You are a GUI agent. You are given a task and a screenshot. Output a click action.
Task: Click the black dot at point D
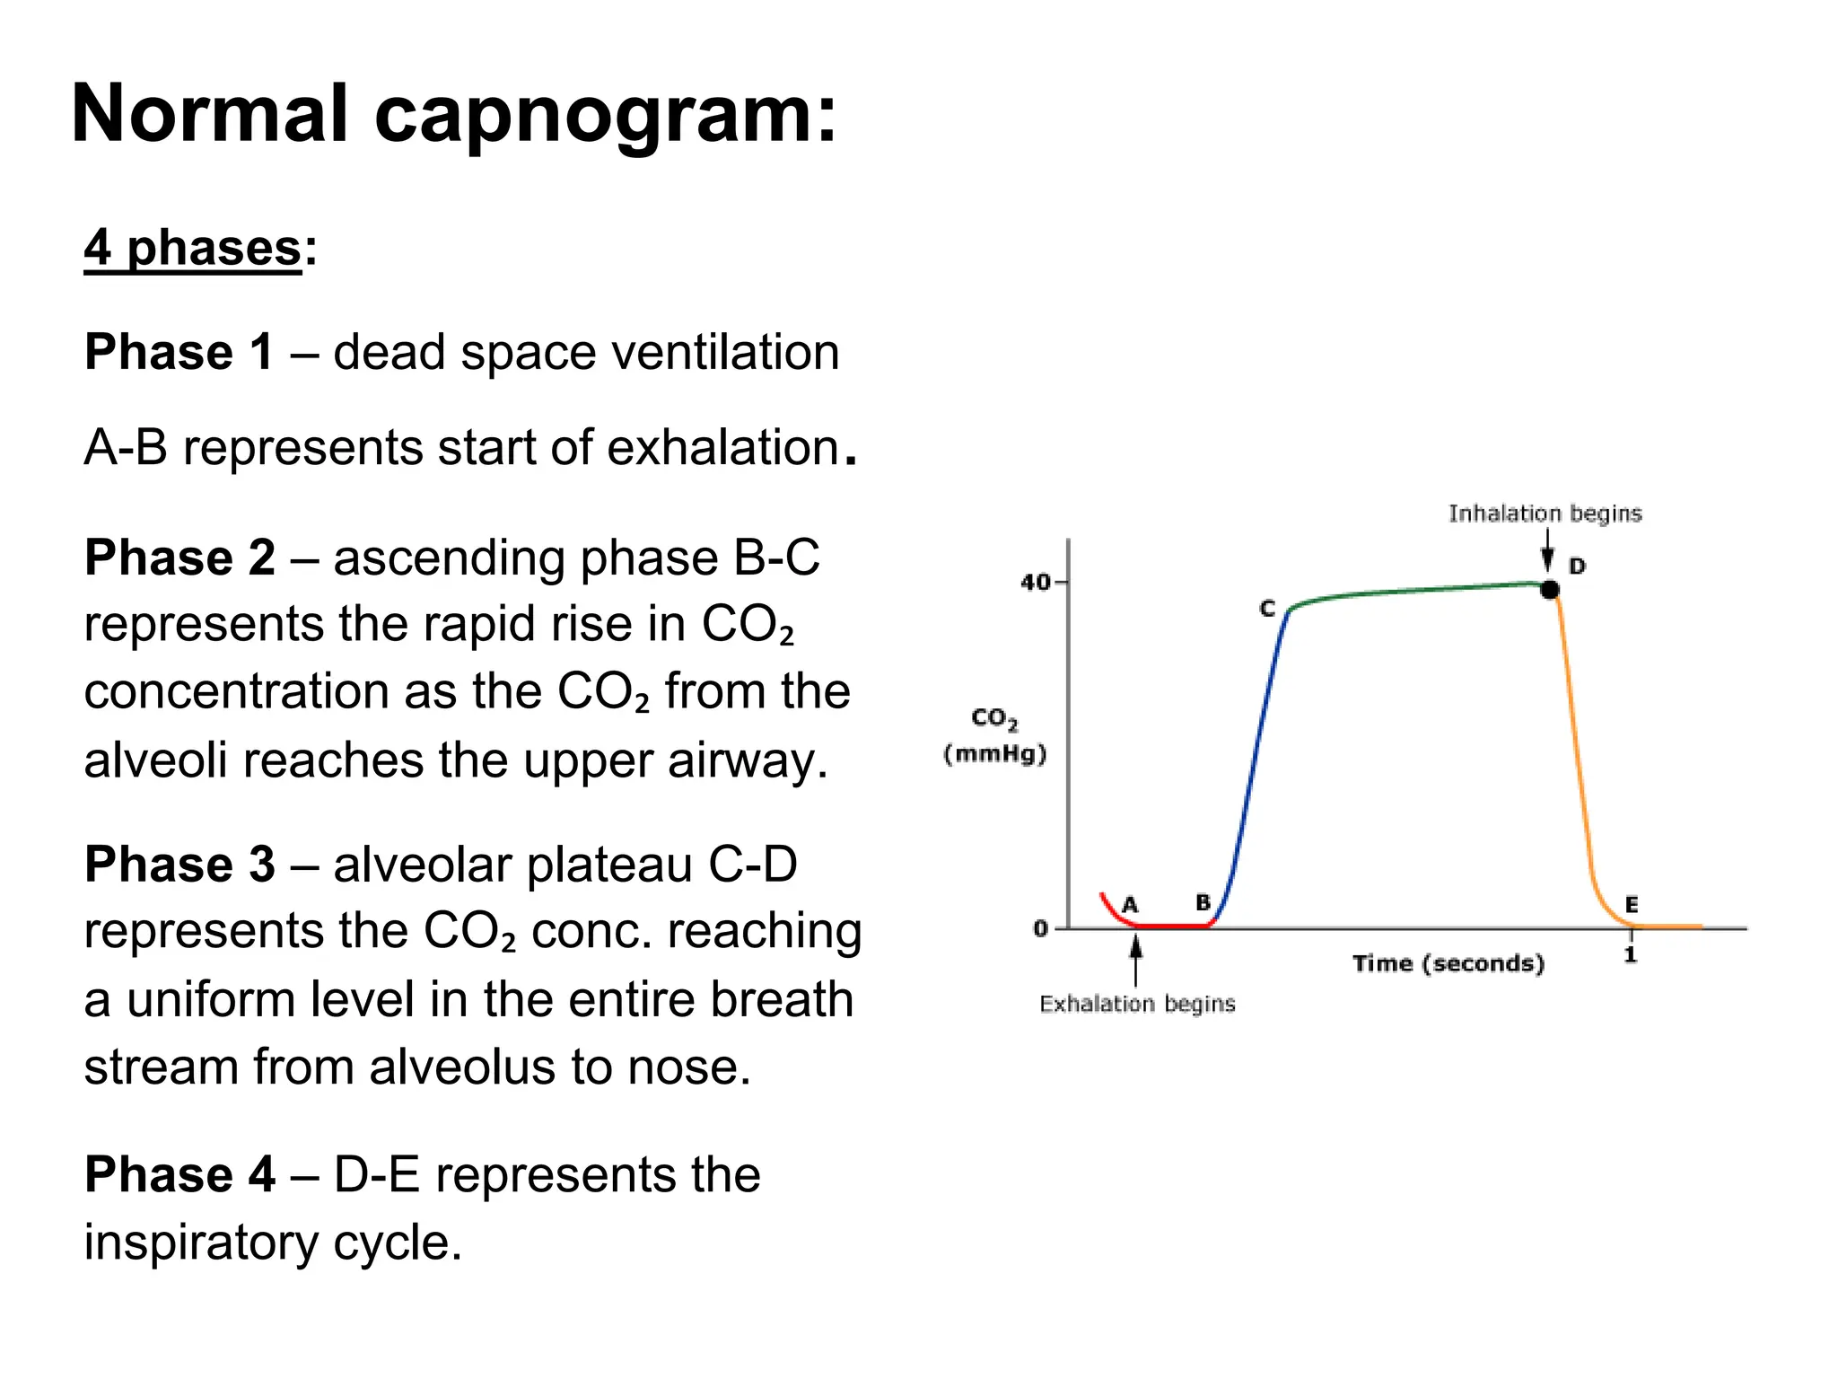point(1549,590)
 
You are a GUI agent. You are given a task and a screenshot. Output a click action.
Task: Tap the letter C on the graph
point(1267,609)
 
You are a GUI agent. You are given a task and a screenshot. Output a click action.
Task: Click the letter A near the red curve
point(1130,904)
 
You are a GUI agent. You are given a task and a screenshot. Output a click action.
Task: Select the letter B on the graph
point(1203,902)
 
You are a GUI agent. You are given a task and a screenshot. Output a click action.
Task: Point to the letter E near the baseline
point(1632,904)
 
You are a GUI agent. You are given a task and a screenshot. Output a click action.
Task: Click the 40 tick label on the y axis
point(1035,583)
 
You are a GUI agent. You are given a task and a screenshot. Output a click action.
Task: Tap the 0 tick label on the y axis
point(1040,928)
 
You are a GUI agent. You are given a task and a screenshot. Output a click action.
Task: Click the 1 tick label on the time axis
point(1631,954)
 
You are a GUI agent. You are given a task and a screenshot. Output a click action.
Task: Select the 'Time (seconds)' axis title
point(1449,963)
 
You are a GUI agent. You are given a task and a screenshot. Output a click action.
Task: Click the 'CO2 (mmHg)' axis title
point(995,735)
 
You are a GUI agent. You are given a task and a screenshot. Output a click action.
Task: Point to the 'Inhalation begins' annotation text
point(1545,514)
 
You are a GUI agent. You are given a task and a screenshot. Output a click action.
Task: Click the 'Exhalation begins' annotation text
point(1137,1004)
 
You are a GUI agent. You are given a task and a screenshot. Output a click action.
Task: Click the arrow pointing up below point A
point(1136,960)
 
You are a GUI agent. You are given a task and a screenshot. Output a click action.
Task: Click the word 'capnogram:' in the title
point(606,114)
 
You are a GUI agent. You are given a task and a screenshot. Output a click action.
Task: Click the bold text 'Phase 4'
point(179,1174)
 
